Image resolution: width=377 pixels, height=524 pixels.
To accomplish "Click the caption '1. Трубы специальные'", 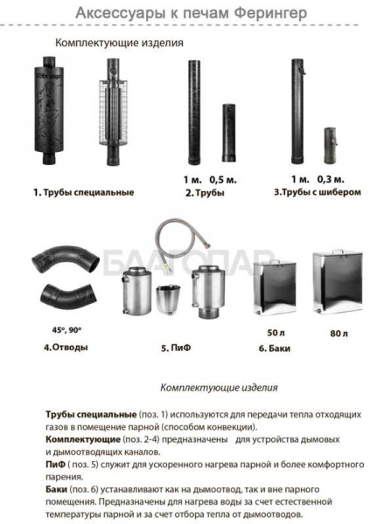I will point(83,192).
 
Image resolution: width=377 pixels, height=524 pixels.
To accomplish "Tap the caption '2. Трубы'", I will point(205,192).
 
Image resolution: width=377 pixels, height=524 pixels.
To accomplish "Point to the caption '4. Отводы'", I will point(64,347).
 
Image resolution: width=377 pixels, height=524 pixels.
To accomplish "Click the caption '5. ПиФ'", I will point(177,348).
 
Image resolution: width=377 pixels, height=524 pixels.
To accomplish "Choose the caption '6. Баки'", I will point(276,348).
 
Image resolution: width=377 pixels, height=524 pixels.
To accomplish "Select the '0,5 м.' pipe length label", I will point(226,179).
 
